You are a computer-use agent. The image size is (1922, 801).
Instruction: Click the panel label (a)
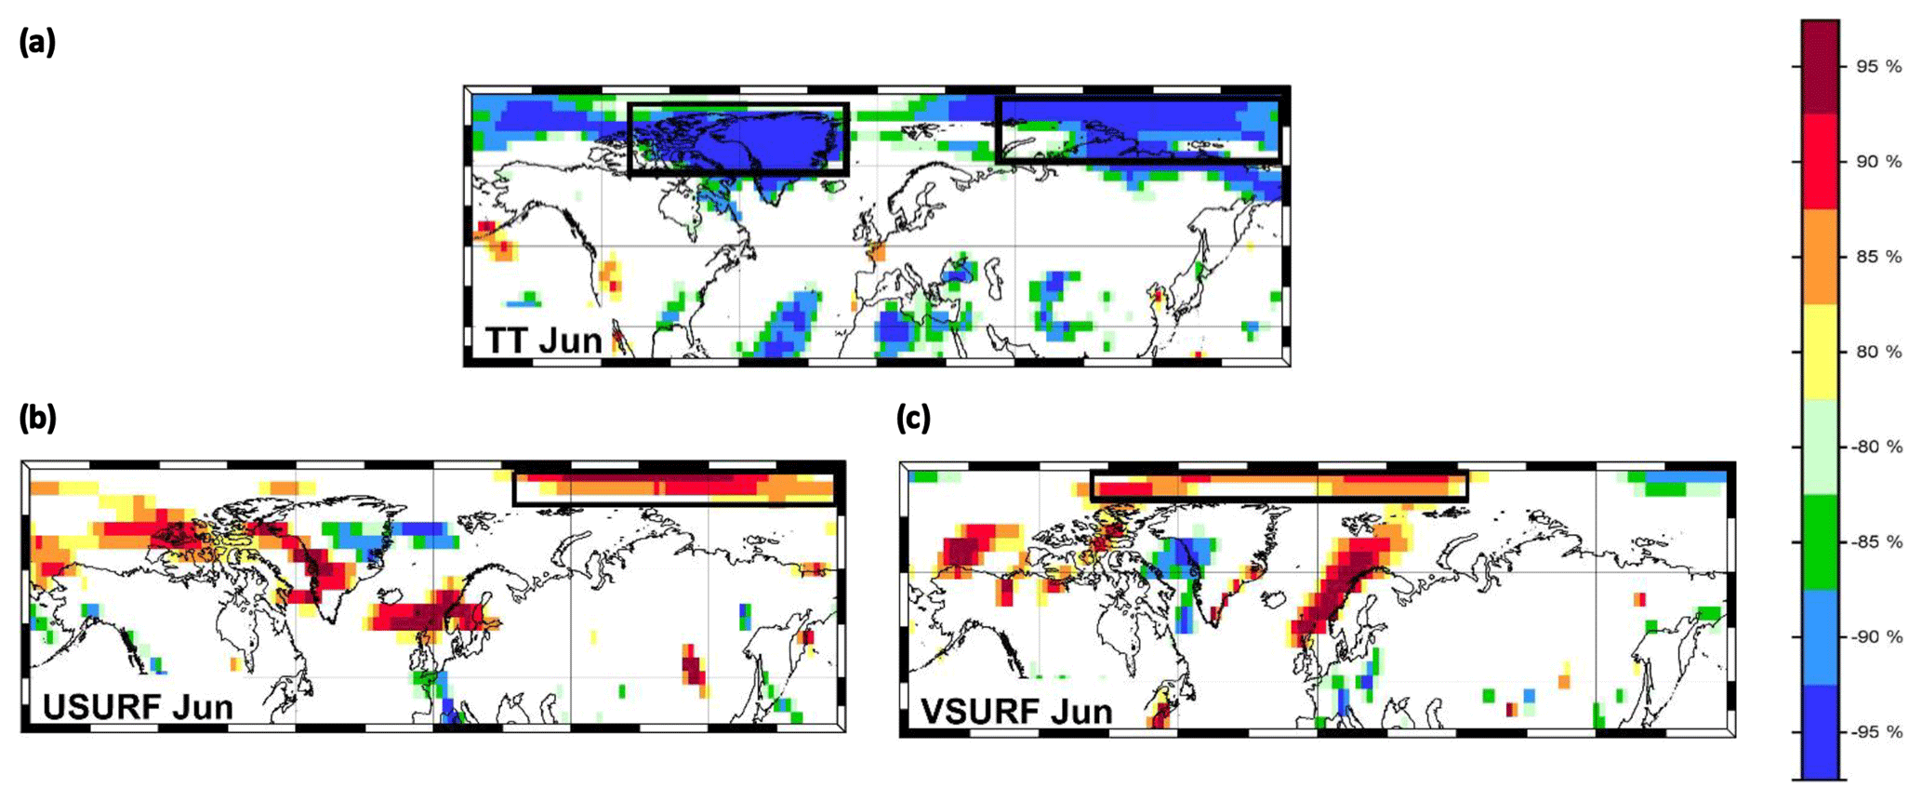(37, 43)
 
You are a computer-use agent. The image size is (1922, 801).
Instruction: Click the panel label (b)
(37, 419)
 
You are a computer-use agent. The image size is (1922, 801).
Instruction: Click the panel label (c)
(913, 419)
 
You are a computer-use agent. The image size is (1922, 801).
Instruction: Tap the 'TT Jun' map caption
(544, 340)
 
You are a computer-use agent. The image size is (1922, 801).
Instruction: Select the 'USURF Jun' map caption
(138, 707)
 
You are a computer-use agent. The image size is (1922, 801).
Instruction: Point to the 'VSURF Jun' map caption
(1016, 712)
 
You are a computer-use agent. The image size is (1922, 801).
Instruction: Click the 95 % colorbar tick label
(1878, 67)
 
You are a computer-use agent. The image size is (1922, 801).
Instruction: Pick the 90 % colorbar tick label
(1878, 162)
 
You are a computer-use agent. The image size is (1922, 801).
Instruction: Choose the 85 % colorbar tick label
(1878, 257)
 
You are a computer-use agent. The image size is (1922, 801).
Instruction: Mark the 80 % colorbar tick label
(1878, 352)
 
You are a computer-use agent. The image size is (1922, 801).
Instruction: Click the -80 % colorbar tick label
(1876, 447)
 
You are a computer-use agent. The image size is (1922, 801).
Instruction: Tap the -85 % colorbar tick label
(1876, 541)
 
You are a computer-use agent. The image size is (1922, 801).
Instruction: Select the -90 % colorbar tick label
(1876, 637)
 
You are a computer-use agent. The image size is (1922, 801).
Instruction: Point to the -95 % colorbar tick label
(1876, 732)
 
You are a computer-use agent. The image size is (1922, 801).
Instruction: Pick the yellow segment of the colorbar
(1820, 352)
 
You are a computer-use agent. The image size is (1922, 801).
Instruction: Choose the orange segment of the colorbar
(1820, 257)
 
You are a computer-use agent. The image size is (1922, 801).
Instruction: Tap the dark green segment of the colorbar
(1820, 541)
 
